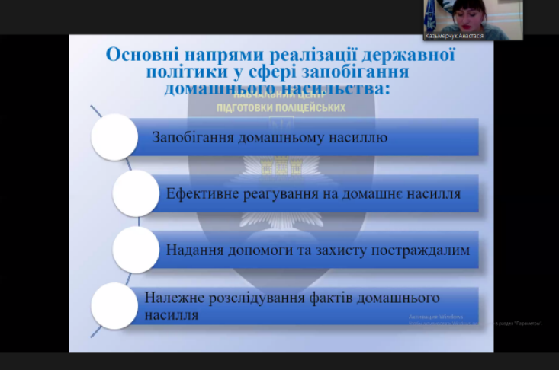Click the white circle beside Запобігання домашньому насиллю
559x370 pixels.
click(114, 137)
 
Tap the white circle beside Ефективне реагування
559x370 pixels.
click(136, 193)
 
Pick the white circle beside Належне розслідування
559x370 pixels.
click(114, 305)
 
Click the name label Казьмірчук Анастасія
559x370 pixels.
click(456, 35)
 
